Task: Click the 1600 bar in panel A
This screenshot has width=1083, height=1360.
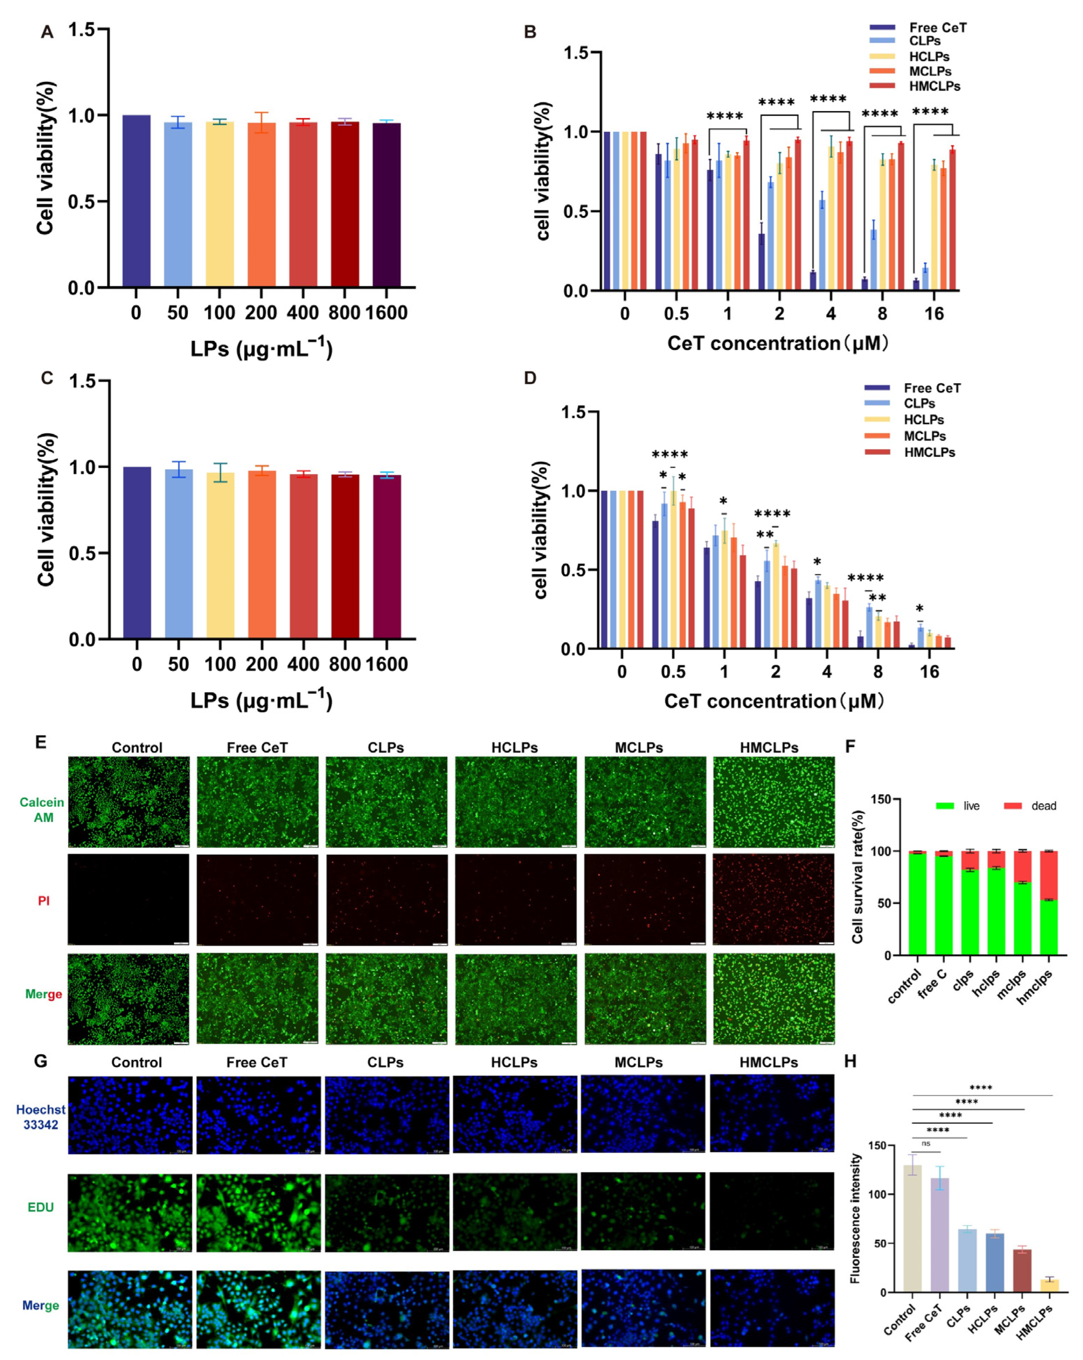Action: [x=386, y=205]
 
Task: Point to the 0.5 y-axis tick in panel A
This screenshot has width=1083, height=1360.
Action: [x=81, y=202]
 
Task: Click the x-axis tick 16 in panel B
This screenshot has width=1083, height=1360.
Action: [x=934, y=313]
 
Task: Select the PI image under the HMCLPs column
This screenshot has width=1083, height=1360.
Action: [x=773, y=899]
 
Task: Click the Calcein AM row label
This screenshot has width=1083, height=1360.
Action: [x=42, y=809]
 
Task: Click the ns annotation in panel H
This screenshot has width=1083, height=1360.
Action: [x=926, y=1143]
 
